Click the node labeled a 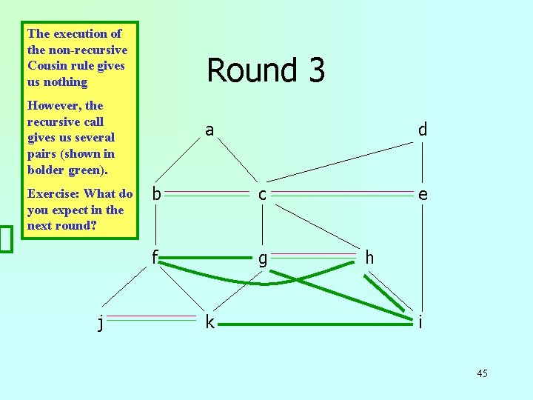209,130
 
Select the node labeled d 422,130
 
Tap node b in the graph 156,195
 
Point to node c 262,195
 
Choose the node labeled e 422,195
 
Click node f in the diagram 155,257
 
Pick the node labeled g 262,259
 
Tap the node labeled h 369,258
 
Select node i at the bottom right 420,322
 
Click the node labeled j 101,322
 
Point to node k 210,322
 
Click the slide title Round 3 266,70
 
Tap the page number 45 482,373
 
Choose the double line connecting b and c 209,192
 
